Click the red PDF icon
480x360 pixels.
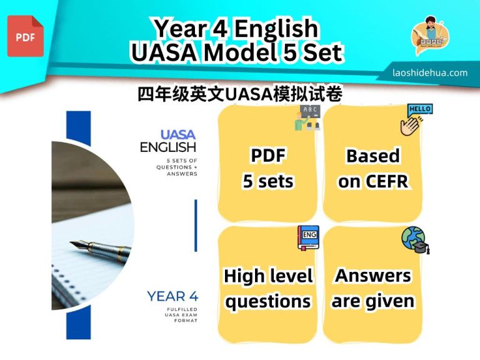pos(26,36)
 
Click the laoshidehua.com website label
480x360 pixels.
pos(430,72)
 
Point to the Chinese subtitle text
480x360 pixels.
pos(239,94)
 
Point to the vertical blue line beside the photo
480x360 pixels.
pos(196,225)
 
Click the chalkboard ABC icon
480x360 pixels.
pos(307,117)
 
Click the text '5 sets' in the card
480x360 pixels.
pos(267,181)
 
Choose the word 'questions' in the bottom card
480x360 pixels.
pos(267,301)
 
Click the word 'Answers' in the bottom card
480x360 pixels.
pos(372,275)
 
